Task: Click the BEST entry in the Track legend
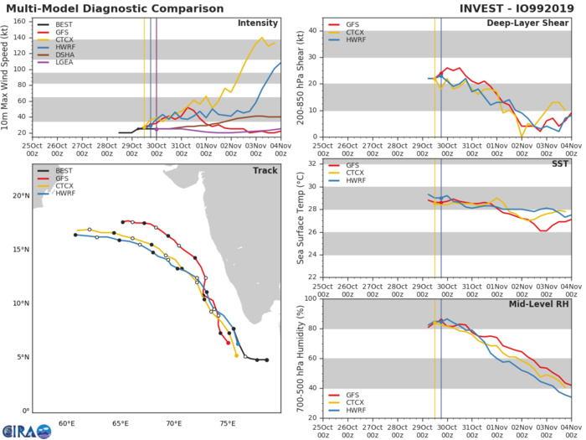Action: [x=64, y=172]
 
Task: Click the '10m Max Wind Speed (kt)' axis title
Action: [x=8, y=76]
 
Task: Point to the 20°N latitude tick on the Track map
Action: [x=18, y=196]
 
